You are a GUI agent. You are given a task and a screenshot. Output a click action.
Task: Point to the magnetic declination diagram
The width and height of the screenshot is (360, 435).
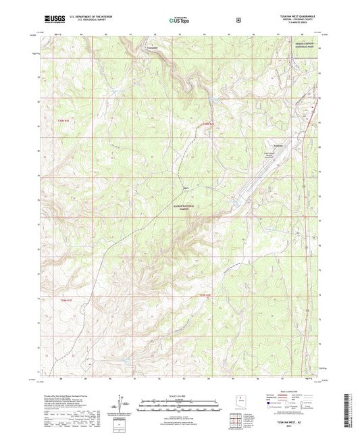[122, 404]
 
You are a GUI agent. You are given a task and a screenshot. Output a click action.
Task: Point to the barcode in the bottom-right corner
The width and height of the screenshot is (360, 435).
[354, 409]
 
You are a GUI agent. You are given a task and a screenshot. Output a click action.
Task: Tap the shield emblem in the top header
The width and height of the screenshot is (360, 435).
[238, 19]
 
